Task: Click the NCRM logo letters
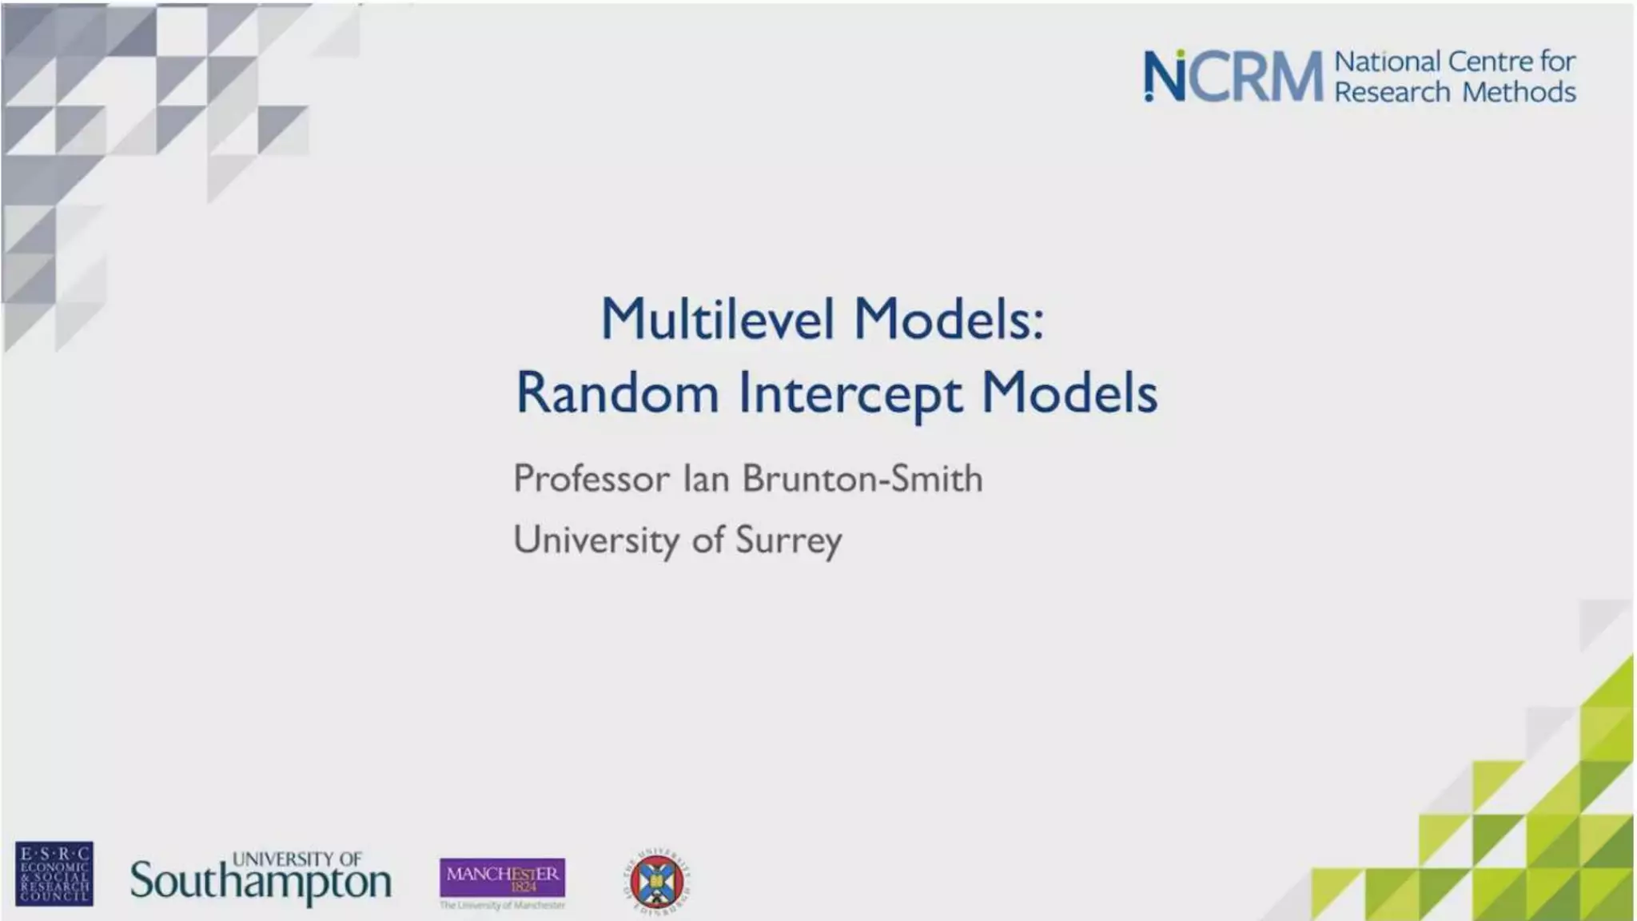tap(1233, 77)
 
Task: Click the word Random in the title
tap(617, 393)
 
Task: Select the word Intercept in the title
tap(850, 394)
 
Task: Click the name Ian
tap(706, 479)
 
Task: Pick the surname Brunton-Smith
tap(862, 479)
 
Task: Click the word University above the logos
tap(595, 540)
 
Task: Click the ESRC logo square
tap(54, 873)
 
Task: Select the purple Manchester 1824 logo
tap(502, 877)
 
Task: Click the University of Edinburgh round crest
tap(656, 882)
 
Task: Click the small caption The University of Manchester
tap(502, 906)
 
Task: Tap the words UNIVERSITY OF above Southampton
tap(297, 859)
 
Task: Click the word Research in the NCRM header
tap(1392, 93)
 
